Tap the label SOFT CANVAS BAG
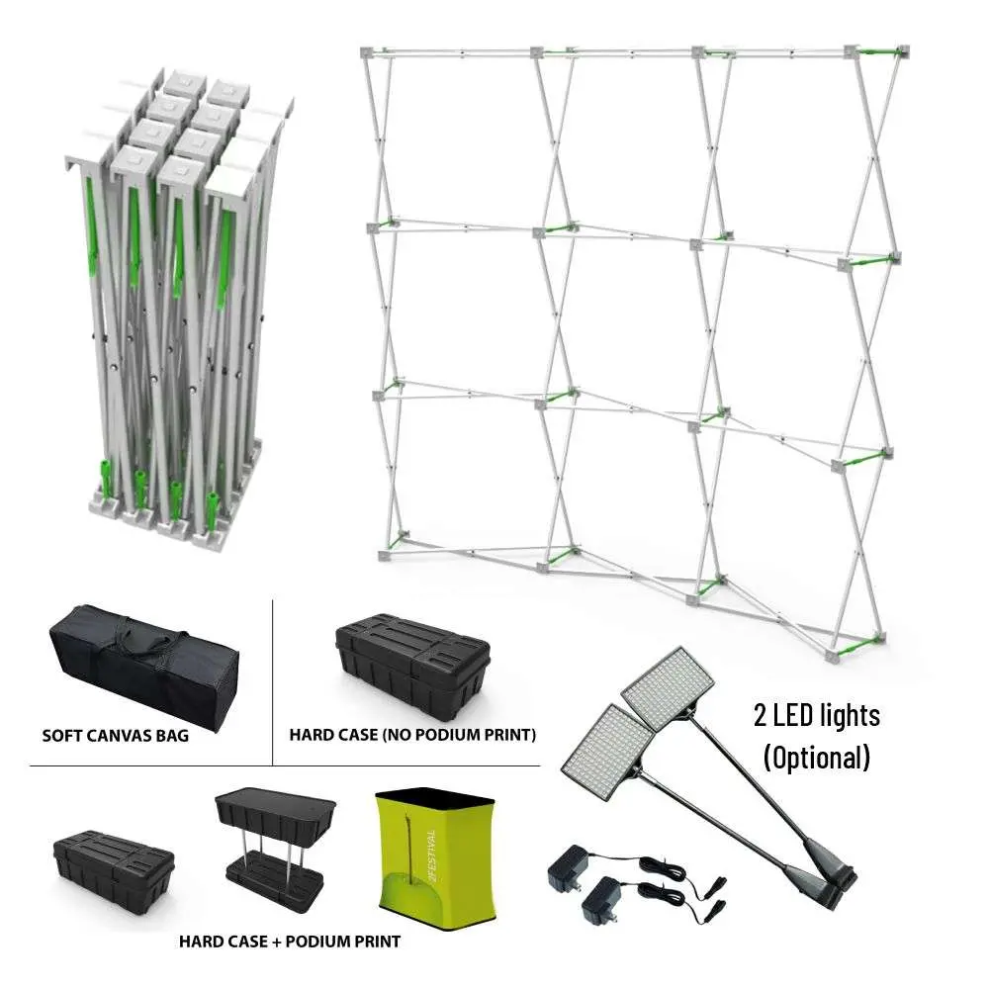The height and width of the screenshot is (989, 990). point(116,736)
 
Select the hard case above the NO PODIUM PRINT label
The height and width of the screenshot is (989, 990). point(412,667)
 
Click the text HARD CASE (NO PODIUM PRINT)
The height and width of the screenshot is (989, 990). point(412,735)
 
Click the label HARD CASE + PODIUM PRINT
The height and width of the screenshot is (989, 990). point(290,942)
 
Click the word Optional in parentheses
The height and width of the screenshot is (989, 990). point(816,757)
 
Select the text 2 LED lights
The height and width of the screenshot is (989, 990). point(816,715)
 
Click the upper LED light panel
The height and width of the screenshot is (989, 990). point(668,683)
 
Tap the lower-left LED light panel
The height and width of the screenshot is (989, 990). point(607,751)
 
